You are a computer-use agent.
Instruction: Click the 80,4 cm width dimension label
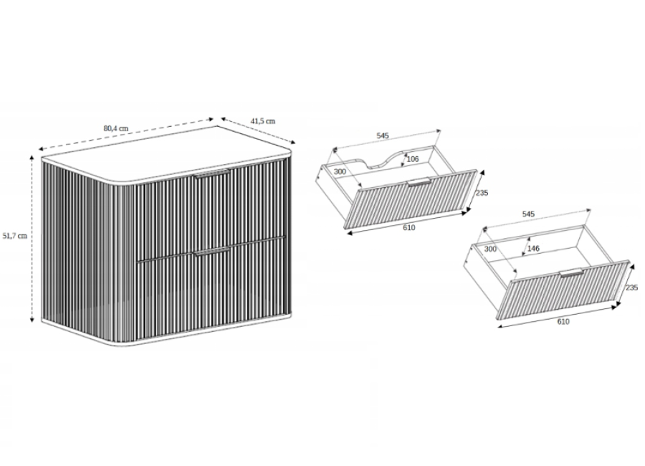115,128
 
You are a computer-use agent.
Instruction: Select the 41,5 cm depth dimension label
263,121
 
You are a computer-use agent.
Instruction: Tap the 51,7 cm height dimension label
15,236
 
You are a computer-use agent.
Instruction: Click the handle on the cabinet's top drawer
212,173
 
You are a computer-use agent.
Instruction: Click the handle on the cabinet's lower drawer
212,252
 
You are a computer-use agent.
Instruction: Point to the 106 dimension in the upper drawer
412,159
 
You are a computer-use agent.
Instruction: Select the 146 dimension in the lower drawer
533,248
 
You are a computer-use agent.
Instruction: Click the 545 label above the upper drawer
383,135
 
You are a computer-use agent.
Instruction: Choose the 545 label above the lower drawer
528,214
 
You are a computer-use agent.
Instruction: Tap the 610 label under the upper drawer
409,227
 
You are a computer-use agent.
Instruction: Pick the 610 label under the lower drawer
563,321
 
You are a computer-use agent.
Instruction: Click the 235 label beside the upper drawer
482,193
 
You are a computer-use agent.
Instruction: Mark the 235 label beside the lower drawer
631,287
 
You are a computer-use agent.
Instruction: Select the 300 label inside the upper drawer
340,171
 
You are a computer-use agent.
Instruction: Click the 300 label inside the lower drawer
490,249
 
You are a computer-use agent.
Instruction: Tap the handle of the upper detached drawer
419,182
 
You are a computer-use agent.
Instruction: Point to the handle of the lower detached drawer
571,273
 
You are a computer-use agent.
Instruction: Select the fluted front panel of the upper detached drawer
411,199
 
